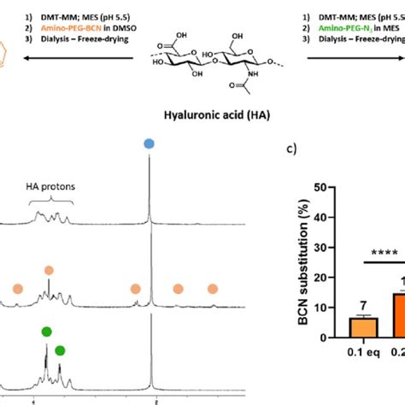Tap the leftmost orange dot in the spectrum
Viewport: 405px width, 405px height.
[17, 289]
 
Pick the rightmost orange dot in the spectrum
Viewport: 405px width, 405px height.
[213, 289]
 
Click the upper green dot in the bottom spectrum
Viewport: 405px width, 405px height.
[46, 332]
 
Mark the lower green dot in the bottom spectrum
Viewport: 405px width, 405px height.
[60, 350]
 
